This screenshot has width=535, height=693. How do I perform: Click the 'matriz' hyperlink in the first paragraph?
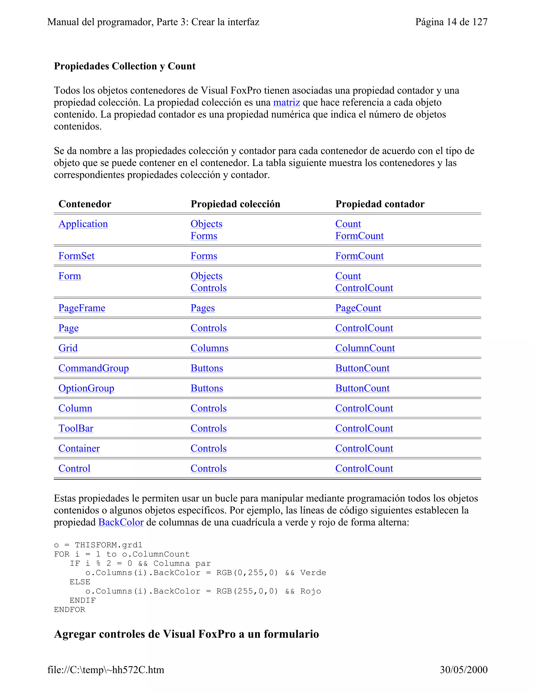(286, 103)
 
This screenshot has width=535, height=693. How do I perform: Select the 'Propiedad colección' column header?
(235, 204)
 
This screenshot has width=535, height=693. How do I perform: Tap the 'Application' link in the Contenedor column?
(83, 224)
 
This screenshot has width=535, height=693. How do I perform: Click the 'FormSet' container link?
(76, 256)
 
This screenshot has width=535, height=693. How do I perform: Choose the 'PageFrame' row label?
(82, 308)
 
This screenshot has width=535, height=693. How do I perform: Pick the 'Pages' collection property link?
(202, 308)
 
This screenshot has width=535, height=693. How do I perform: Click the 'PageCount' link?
(358, 308)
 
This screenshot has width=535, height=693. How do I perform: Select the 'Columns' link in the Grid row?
(209, 348)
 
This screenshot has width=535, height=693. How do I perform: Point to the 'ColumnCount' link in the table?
(365, 348)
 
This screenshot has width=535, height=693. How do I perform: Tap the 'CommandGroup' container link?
(94, 368)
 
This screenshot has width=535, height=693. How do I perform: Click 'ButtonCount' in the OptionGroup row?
(362, 388)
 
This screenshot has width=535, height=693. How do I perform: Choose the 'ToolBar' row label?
(76, 428)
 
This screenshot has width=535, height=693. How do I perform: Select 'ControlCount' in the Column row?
(364, 408)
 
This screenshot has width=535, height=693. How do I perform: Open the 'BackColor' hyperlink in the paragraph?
(121, 522)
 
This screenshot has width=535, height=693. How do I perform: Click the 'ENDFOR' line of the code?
(69, 610)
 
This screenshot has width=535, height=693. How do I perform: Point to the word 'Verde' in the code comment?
(313, 573)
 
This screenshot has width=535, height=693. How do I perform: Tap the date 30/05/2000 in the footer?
(463, 669)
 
